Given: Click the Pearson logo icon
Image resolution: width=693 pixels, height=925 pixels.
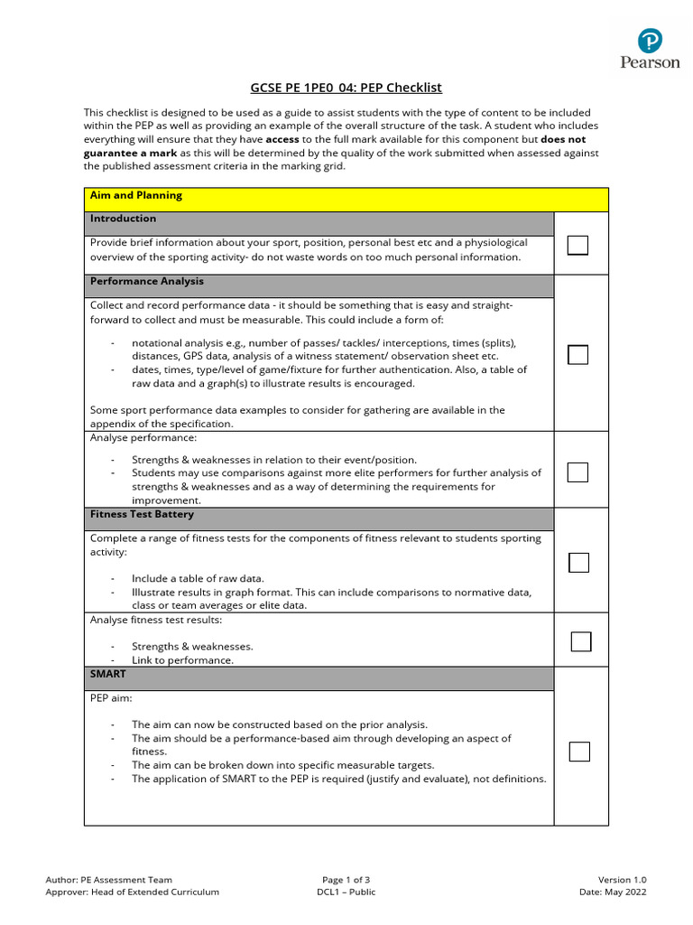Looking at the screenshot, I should pos(650,42).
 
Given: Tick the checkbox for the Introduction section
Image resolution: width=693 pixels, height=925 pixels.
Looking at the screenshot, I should pos(577,245).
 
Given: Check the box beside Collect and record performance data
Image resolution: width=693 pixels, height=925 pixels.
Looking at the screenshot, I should pos(577,355).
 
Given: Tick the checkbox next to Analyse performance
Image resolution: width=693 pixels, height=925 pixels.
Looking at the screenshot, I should pos(577,472).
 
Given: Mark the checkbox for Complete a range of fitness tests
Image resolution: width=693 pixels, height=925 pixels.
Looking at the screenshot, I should pos(578,563).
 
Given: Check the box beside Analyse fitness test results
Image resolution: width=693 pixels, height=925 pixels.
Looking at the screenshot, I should pos(581,641).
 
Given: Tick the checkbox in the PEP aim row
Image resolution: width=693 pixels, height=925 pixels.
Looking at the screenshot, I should pos(578,752).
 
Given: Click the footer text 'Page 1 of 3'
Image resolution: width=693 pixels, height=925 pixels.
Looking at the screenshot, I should pos(346,880).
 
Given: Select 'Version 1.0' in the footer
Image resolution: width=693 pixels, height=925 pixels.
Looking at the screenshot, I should pos(622,880).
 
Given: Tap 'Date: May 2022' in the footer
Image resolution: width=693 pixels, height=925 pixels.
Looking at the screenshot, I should pos(613,892).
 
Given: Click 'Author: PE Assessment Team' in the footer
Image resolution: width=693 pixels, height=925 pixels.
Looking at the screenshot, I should pos(108,880).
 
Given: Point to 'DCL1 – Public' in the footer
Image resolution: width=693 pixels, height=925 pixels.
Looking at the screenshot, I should pos(346,892).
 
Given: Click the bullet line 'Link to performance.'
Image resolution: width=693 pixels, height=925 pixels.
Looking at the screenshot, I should pos(182,660).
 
